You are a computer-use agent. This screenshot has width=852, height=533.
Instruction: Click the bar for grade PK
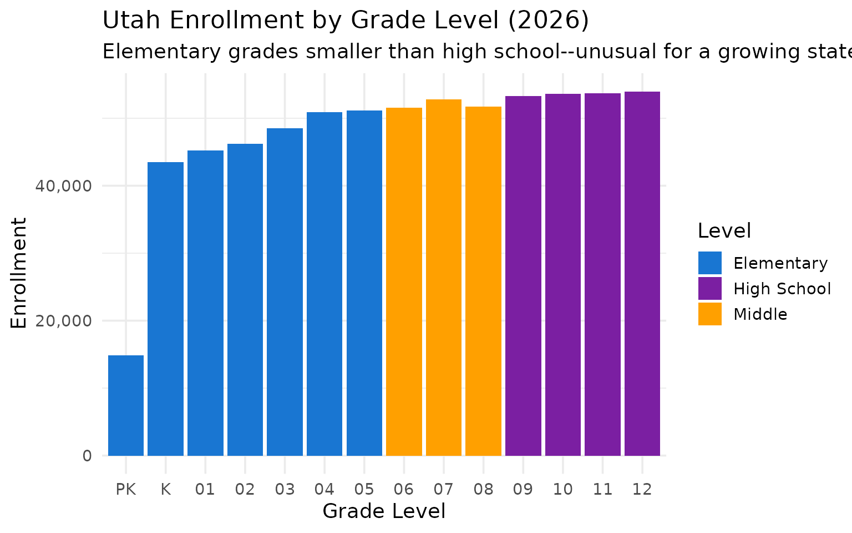tap(126, 405)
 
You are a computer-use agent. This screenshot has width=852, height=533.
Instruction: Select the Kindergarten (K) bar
tap(165, 309)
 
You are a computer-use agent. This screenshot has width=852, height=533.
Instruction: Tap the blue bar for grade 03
tap(285, 292)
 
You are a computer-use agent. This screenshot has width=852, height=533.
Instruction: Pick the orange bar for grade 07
tap(444, 278)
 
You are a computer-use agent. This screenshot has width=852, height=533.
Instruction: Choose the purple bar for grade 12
tap(642, 274)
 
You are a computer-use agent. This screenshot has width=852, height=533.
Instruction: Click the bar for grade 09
tap(523, 276)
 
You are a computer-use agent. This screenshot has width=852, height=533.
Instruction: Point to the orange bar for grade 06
tap(404, 281)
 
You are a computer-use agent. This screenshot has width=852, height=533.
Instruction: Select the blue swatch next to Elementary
tap(710, 263)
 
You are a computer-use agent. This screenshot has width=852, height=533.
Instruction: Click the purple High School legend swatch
tap(710, 289)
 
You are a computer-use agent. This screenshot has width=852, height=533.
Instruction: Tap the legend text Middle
tap(760, 314)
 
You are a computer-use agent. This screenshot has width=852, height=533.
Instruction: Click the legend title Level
tap(724, 231)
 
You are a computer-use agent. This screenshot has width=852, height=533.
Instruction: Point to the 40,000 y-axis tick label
tap(63, 186)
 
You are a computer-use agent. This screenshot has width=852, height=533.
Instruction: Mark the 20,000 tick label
tap(63, 321)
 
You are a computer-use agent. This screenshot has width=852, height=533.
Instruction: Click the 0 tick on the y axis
tap(87, 456)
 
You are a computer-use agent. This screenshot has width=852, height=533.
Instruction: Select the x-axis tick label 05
tap(364, 490)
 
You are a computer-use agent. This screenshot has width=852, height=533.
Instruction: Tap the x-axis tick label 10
tap(563, 490)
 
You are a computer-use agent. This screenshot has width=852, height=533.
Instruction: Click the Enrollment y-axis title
tap(19, 273)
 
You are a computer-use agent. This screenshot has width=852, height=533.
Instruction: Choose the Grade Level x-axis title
tap(384, 511)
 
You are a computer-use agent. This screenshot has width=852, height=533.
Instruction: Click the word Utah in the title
tap(132, 21)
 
